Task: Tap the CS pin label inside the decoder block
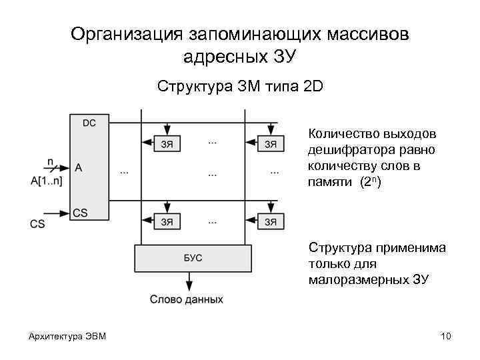point(80,213)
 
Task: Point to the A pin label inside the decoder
point(79,168)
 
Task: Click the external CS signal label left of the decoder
point(37,224)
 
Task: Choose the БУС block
point(193,257)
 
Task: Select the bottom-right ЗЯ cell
point(271,221)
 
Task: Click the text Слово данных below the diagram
point(186,300)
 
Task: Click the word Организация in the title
point(127,34)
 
